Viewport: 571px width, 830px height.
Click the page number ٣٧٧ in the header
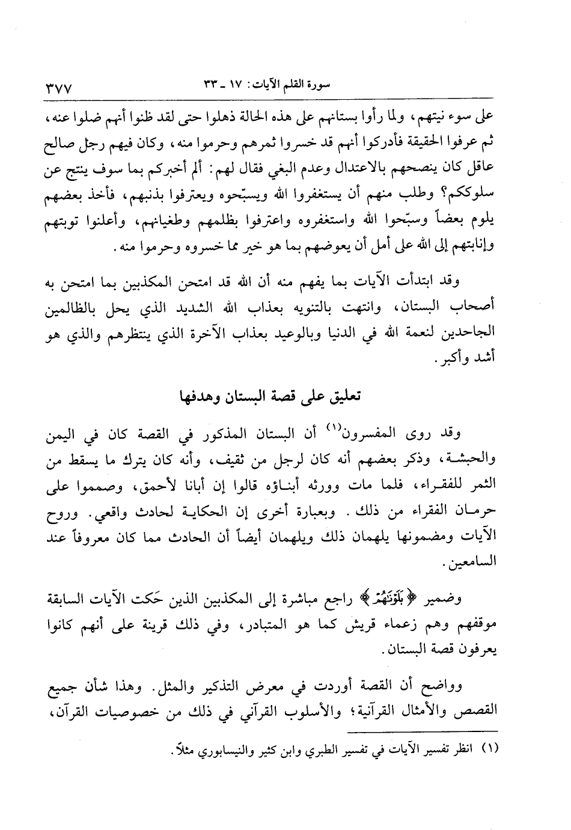tap(59, 88)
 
